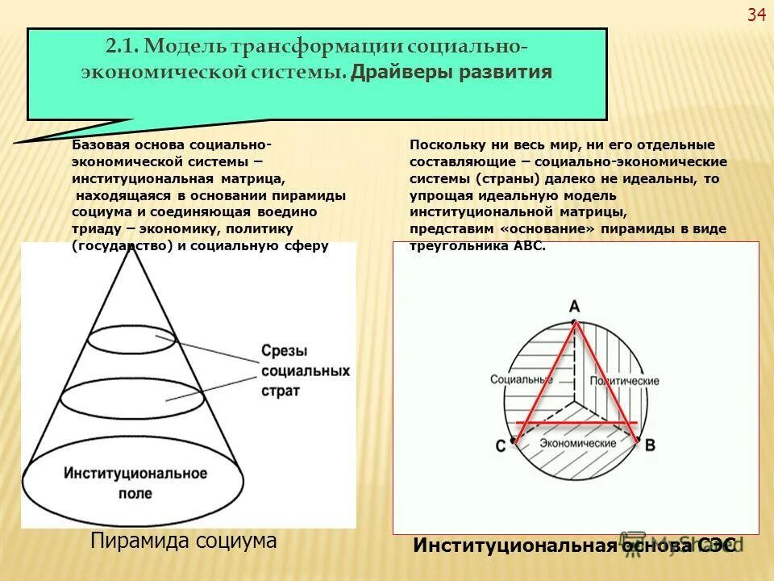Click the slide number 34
pos(755,14)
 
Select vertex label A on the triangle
pos(574,306)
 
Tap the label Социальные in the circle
pos(514,378)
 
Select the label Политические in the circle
pos(625,381)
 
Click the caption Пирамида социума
pos(183,541)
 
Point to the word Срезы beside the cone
pos(283,351)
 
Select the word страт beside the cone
pos(281,391)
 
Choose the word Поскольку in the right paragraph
pos(443,144)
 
